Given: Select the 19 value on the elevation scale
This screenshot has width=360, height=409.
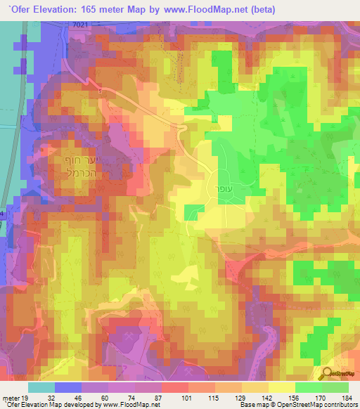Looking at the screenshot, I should pos(24,398).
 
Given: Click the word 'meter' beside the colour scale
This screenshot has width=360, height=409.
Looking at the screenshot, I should pos(9,398).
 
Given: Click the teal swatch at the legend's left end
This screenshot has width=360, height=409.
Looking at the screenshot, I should pos(42,387).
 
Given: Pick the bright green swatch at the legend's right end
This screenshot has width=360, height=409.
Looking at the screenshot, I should pos(335,387).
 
